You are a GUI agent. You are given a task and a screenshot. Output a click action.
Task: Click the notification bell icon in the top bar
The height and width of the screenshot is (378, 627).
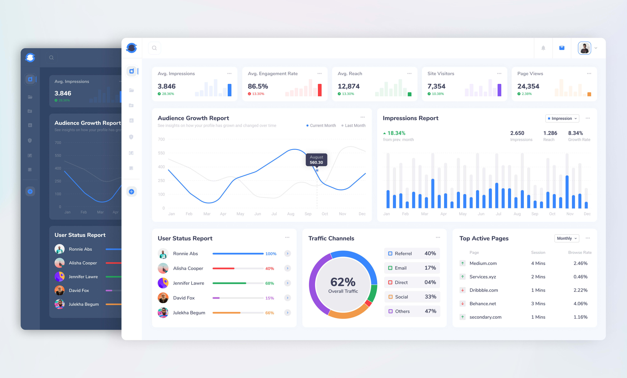(x=543, y=48)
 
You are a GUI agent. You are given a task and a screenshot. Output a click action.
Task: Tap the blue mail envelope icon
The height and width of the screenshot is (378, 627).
(x=562, y=48)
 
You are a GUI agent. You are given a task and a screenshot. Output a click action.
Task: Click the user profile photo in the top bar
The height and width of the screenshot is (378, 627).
(x=584, y=48)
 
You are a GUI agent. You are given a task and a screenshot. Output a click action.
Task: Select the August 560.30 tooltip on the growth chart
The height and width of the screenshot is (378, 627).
(x=316, y=160)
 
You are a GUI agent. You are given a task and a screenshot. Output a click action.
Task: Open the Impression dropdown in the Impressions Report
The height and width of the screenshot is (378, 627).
(x=562, y=118)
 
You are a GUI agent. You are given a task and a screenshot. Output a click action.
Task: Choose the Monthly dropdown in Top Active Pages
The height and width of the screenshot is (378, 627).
(x=566, y=238)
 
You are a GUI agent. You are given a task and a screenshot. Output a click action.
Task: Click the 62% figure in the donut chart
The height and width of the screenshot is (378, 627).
(x=343, y=282)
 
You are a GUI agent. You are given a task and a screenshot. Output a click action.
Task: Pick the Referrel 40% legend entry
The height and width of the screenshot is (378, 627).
(x=412, y=253)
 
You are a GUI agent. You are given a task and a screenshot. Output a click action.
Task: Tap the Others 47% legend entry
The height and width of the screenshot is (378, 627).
(x=412, y=311)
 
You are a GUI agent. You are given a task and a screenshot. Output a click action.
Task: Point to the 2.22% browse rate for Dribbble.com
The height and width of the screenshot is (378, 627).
(x=580, y=290)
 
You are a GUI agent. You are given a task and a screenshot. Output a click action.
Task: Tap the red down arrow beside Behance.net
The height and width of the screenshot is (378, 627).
(x=463, y=304)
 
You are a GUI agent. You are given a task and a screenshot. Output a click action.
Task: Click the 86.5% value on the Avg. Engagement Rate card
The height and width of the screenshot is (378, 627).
(x=258, y=86)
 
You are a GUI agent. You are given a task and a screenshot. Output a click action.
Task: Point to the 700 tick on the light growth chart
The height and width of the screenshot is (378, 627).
(x=161, y=139)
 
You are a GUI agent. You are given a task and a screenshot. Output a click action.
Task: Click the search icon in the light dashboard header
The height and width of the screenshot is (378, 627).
(x=154, y=48)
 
